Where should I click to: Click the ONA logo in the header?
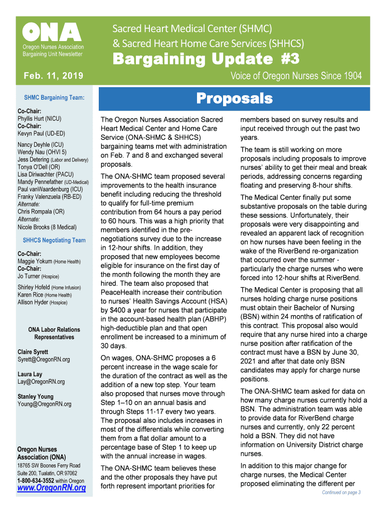52,33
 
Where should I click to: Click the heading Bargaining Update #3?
206,59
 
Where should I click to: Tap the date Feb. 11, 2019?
53,76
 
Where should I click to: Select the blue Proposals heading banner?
234,99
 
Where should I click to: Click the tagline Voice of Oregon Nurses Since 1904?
296,76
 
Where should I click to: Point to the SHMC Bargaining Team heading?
54,98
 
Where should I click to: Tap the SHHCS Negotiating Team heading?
54,240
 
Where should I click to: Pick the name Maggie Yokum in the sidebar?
36,261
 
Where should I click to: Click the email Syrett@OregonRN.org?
44,359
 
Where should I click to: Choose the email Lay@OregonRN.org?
41,382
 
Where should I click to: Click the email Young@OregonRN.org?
44,404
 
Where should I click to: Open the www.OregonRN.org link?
52,488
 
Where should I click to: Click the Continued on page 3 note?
341,492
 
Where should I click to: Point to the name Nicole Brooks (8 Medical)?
47,227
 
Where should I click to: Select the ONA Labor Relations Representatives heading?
54,333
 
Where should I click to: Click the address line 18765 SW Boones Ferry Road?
49,465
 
